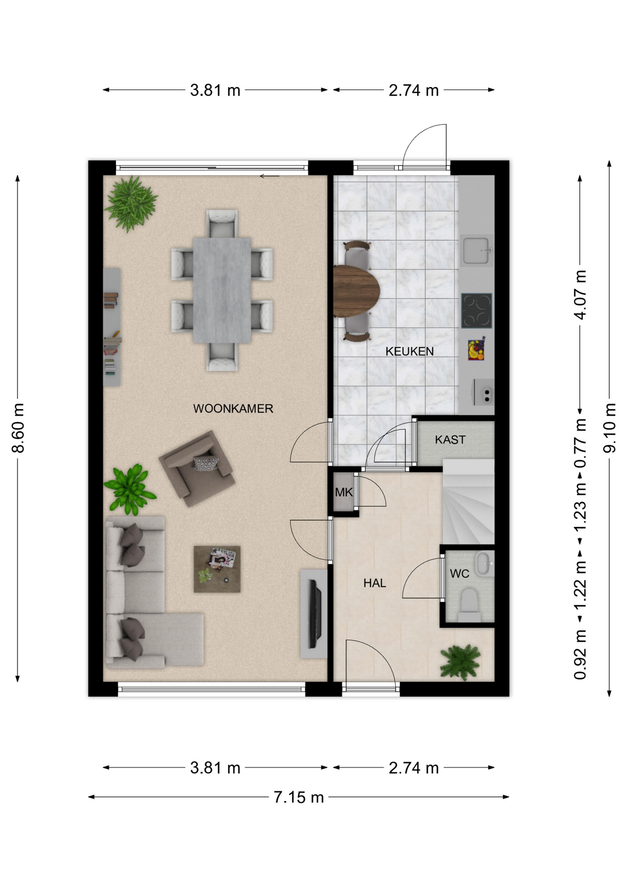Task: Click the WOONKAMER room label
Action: pyautogui.click(x=233, y=408)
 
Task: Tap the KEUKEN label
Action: pyautogui.click(x=410, y=352)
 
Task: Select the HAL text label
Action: pyautogui.click(x=374, y=583)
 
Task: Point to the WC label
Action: pyautogui.click(x=459, y=574)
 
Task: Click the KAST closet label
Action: pyautogui.click(x=450, y=440)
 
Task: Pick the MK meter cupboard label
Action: pyautogui.click(x=344, y=492)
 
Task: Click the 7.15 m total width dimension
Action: pyautogui.click(x=299, y=797)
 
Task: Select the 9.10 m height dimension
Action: pyautogui.click(x=609, y=428)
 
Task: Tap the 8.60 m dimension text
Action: pyautogui.click(x=18, y=428)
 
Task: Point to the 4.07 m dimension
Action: pyautogui.click(x=580, y=295)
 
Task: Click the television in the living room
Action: pyautogui.click(x=315, y=614)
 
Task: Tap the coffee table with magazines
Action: pyautogui.click(x=217, y=569)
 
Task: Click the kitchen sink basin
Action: pyautogui.click(x=476, y=250)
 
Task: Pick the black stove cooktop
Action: pyautogui.click(x=476, y=310)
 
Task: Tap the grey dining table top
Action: pyautogui.click(x=222, y=290)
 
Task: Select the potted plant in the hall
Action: pyautogui.click(x=460, y=662)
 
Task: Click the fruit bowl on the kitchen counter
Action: pyautogui.click(x=476, y=350)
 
